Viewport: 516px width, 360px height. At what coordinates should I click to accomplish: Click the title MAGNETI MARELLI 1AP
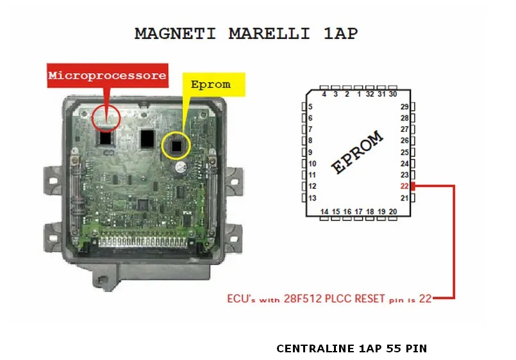pyautogui.click(x=246, y=33)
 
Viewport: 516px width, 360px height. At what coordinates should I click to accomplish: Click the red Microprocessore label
pyautogui.click(x=108, y=76)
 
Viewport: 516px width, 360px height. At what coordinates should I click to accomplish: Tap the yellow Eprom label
pyautogui.click(x=210, y=84)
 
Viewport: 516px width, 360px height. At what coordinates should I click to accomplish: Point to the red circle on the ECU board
pyautogui.click(x=105, y=117)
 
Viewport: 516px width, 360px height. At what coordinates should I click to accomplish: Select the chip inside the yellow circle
pyautogui.click(x=176, y=147)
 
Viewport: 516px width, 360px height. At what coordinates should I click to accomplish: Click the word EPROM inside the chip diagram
pyautogui.click(x=357, y=153)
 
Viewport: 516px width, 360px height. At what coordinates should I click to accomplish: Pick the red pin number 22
pyautogui.click(x=404, y=186)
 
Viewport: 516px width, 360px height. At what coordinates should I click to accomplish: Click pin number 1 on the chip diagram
pyautogui.click(x=359, y=94)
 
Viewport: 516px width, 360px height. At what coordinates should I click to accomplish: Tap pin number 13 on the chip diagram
pyautogui.click(x=312, y=198)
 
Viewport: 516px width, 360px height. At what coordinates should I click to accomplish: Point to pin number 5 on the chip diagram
pyautogui.click(x=310, y=107)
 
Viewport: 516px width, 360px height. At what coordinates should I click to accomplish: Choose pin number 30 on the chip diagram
pyautogui.click(x=392, y=94)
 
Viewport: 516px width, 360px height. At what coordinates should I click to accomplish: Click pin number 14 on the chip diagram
pyautogui.click(x=324, y=211)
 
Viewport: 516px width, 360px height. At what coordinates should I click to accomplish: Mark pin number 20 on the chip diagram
pyautogui.click(x=392, y=211)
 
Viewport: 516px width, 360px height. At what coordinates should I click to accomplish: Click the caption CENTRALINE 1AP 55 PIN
pyautogui.click(x=351, y=348)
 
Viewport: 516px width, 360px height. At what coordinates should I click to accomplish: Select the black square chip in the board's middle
pyautogui.click(x=148, y=137)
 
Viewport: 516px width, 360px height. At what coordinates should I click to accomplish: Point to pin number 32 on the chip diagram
pyautogui.click(x=370, y=94)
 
